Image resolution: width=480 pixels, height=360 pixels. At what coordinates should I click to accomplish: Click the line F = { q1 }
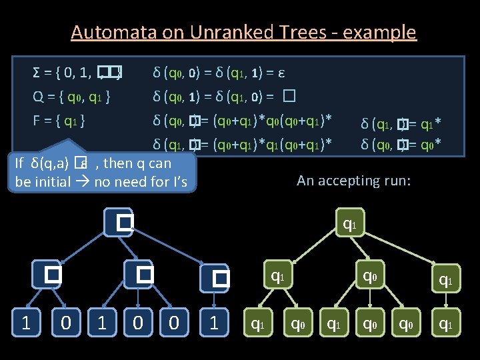point(58,121)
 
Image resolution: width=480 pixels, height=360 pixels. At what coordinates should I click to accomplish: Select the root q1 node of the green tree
point(347,225)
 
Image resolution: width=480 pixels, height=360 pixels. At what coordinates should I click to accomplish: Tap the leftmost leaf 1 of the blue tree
point(25,323)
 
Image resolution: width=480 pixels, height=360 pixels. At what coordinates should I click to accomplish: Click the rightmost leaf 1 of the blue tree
point(214,323)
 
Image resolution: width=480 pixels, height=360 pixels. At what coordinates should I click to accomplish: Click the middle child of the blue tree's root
point(143,273)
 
